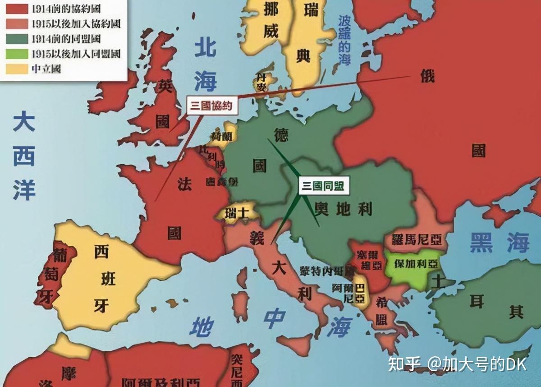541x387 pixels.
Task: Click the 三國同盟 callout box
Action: click(x=322, y=186)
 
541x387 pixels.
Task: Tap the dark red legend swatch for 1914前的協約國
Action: click(x=16, y=9)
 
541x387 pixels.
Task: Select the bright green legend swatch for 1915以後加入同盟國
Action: click(x=16, y=54)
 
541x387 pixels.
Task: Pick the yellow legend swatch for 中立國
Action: click(x=16, y=69)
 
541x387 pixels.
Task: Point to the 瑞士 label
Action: click(x=237, y=212)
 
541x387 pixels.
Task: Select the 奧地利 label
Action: click(x=344, y=208)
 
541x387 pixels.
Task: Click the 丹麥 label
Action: click(x=261, y=81)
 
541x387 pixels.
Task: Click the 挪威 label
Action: click(x=270, y=20)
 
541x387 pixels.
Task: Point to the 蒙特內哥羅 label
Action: click(x=326, y=271)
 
